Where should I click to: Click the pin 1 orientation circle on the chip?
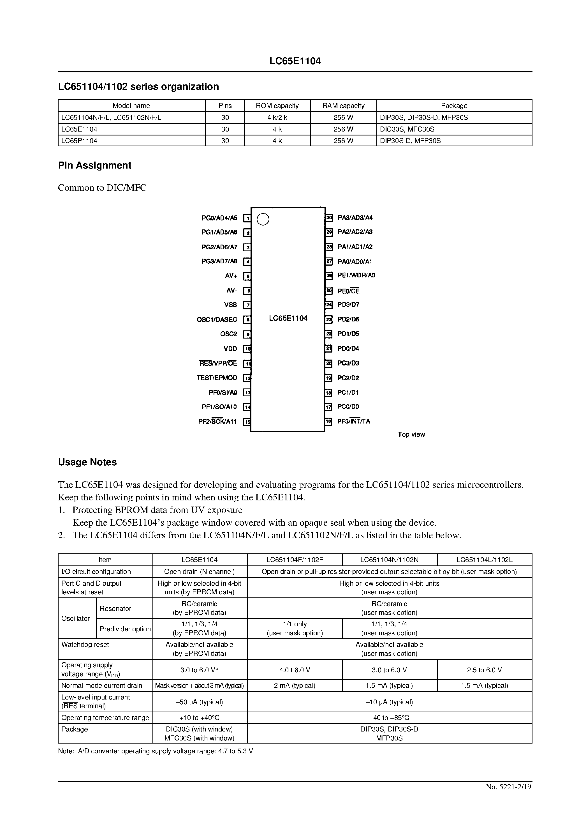tap(263, 219)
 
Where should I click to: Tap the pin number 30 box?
tap(329, 218)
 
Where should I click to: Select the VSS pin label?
tap(230, 305)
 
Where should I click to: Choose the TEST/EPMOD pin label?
tap(216, 378)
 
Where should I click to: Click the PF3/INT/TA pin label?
tap(353, 421)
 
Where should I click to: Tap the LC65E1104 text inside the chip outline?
tap(288, 318)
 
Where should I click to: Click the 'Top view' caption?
tap(411, 434)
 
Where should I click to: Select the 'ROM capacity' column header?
tap(277, 105)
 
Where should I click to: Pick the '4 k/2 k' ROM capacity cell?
tap(277, 117)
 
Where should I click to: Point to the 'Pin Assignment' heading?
tap(94, 165)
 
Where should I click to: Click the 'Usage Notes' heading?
tap(87, 462)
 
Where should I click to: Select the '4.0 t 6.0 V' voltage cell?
tap(295, 670)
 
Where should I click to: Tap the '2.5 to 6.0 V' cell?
tap(484, 670)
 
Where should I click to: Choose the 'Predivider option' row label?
tap(125, 629)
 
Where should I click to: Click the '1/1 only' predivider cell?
tap(295, 624)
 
